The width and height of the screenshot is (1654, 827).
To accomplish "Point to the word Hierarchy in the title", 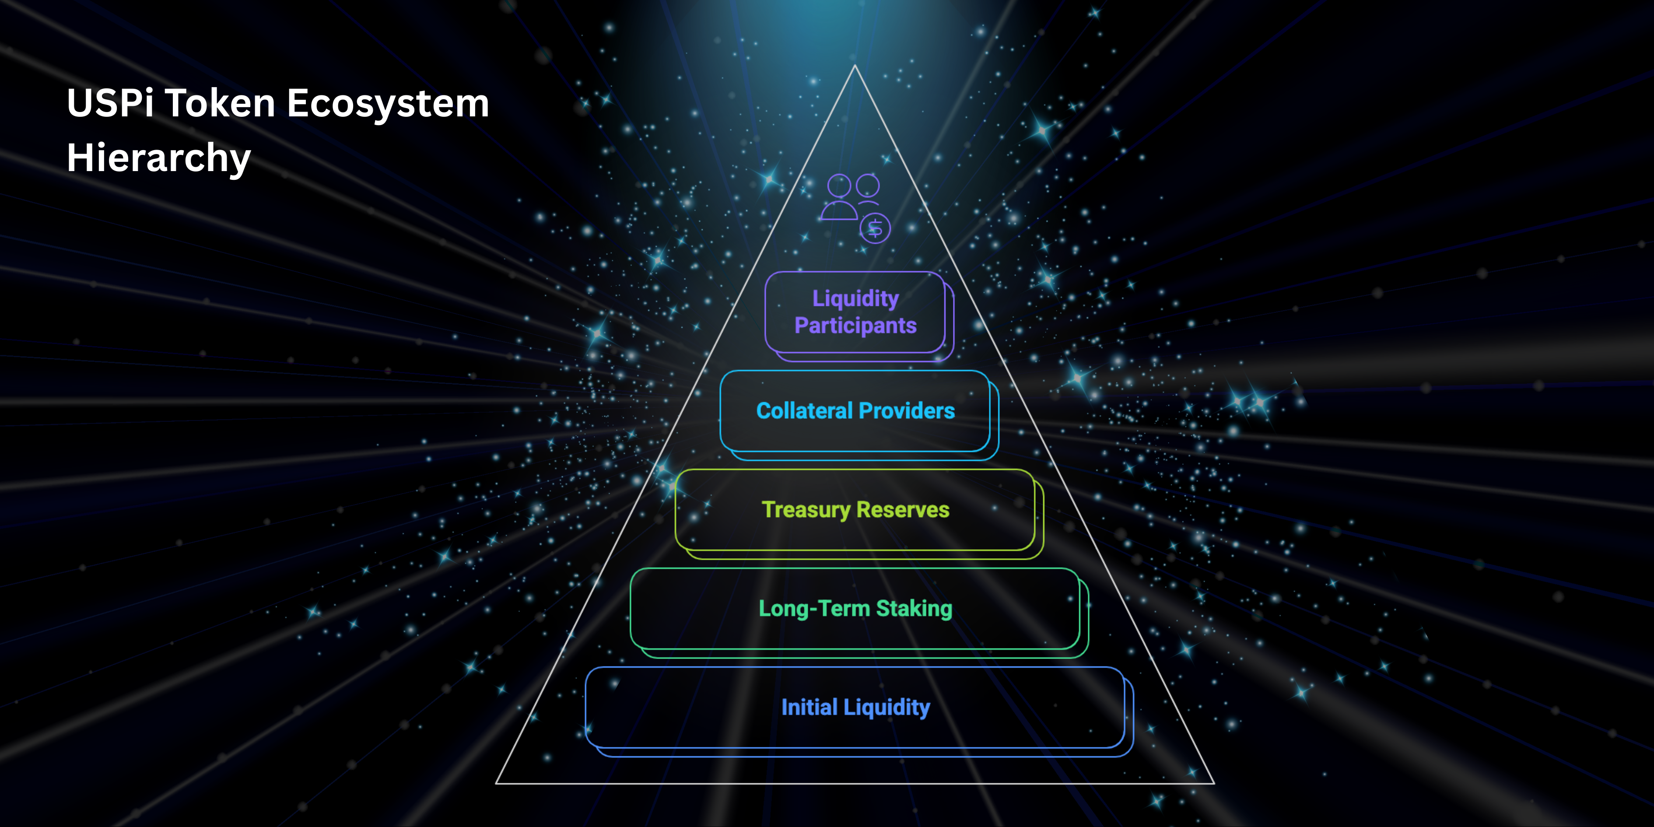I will coord(158,158).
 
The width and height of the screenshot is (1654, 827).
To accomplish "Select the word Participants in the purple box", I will coord(855,326).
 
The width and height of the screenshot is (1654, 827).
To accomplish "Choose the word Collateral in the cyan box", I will coord(803,411).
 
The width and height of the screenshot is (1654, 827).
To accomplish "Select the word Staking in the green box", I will coord(915,609).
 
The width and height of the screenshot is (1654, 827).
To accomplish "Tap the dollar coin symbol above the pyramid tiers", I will coord(875,228).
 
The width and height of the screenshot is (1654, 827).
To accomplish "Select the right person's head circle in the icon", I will coord(867,186).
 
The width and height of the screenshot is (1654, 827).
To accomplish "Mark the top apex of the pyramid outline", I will coord(855,66).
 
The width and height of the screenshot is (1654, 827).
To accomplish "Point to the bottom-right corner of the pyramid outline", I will coord(1213,783).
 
